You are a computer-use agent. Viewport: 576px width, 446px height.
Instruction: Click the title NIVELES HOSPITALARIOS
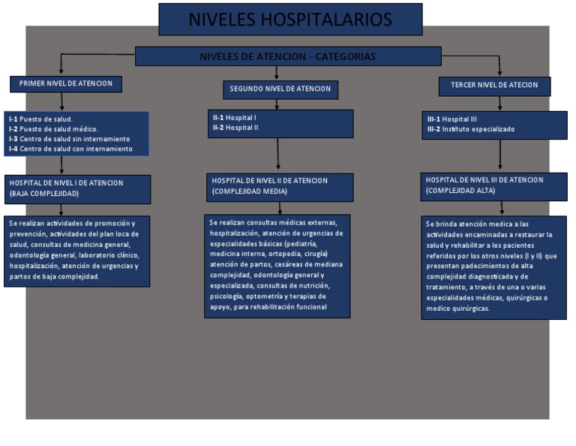289,19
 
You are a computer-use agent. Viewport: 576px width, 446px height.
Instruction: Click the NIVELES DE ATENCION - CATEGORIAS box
288,57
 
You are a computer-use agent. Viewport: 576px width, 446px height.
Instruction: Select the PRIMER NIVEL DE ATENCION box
66,84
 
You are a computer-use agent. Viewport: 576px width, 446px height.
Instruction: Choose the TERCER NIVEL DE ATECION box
494,86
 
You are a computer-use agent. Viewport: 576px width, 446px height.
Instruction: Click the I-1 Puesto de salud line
41,119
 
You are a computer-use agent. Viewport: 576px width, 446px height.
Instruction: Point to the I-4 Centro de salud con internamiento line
70,149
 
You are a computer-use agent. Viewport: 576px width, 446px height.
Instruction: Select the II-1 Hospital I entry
235,118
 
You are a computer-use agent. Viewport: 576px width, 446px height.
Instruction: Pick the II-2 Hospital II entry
236,128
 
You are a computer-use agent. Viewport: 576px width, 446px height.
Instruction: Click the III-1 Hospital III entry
452,119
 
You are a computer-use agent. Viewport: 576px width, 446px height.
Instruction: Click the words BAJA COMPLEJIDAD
44,194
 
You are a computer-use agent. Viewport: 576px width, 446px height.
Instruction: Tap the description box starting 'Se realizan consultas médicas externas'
277,265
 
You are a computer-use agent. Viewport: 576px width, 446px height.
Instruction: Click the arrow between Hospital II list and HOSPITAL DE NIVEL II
278,156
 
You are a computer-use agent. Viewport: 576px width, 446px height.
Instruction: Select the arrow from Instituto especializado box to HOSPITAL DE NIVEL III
500,156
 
